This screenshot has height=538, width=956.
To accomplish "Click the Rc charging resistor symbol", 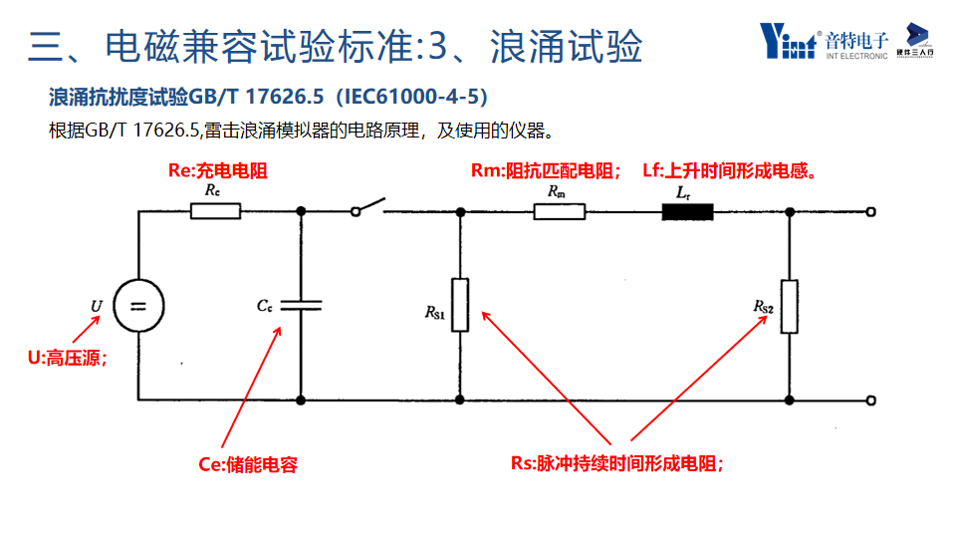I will [215, 210].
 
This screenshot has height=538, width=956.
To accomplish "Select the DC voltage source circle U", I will [138, 305].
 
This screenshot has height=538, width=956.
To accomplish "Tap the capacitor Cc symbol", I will [301, 304].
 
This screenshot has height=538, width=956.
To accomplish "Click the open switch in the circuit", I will [367, 209].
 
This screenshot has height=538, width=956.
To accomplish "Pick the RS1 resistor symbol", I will [460, 304].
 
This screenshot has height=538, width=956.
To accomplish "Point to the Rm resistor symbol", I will [559, 210].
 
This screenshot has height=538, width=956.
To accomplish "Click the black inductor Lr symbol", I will [688, 211].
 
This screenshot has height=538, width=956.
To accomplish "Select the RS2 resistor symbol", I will [790, 306].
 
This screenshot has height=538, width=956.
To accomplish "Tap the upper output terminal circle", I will [871, 211].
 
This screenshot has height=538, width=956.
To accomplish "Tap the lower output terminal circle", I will [871, 401].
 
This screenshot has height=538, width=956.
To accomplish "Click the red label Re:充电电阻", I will [217, 171].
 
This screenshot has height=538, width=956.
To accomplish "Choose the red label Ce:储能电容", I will [248, 463].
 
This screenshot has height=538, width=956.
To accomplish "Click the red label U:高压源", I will [67, 359].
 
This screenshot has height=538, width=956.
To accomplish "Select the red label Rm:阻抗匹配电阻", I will [546, 171].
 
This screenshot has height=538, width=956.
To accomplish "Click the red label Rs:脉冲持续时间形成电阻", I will [617, 463].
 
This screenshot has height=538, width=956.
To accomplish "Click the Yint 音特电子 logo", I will [824, 41].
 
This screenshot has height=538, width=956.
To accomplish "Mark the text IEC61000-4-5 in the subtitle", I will [411, 97].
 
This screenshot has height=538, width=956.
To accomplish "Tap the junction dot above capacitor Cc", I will [301, 211].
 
